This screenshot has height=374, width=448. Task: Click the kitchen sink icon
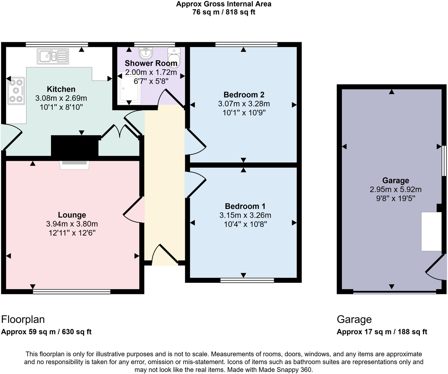(53, 56)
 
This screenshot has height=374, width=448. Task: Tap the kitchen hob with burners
(16, 91)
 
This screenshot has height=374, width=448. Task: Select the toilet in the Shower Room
(174, 57)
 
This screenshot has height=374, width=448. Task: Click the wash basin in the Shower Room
(146, 53)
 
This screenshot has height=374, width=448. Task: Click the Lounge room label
(72, 215)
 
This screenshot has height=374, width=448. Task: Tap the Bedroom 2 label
(244, 95)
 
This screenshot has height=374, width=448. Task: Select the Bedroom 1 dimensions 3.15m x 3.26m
(245, 215)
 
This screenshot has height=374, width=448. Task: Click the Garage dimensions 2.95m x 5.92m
(395, 190)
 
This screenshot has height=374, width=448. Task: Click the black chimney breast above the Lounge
(75, 146)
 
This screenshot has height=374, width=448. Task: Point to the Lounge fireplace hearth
(74, 165)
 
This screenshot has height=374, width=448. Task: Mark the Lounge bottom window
(72, 291)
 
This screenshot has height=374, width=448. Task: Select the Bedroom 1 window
(247, 280)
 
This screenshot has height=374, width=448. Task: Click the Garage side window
(444, 161)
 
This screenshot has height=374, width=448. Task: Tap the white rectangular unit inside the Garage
(431, 231)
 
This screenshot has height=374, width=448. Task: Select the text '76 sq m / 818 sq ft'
(223, 12)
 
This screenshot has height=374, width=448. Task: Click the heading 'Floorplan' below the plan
(23, 319)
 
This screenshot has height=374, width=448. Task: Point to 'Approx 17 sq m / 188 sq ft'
(382, 332)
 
